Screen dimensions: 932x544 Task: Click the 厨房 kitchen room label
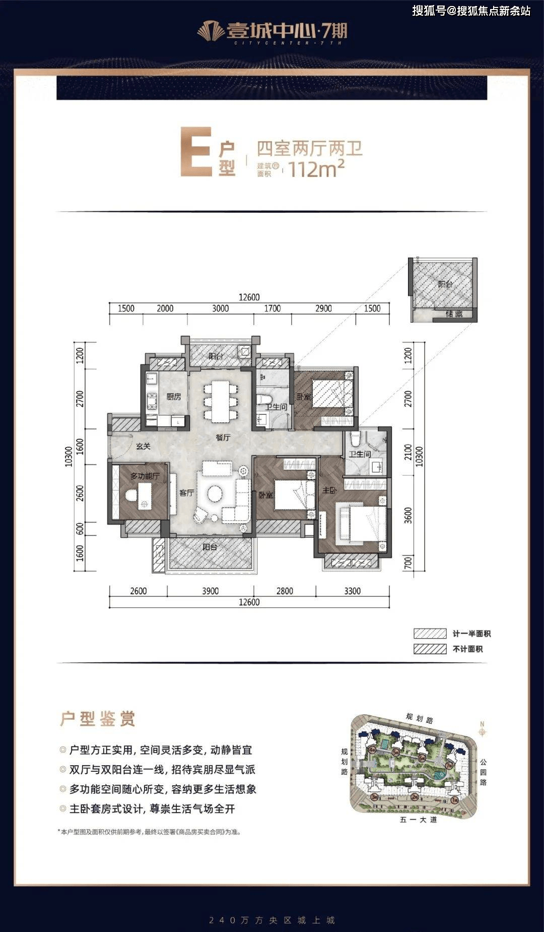[174, 397]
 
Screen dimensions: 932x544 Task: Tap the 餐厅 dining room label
[223, 437]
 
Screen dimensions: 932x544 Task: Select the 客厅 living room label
[186, 492]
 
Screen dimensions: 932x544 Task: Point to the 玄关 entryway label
[143, 446]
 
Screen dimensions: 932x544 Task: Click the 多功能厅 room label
[145, 476]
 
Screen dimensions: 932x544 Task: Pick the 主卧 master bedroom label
[329, 490]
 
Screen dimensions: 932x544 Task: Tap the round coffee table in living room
[216, 493]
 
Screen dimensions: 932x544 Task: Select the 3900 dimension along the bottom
[210, 591]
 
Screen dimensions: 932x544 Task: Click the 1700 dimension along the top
[273, 308]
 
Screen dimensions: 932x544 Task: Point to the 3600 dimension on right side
[408, 515]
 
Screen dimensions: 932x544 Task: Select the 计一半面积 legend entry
[471, 634]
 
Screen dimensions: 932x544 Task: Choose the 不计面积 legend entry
[467, 649]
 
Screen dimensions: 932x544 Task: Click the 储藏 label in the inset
[454, 314]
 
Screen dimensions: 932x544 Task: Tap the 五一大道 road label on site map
[418, 820]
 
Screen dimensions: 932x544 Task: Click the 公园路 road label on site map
[483, 772]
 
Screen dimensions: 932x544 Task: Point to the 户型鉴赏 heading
[98, 719]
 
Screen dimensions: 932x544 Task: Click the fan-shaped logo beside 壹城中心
[211, 32]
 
